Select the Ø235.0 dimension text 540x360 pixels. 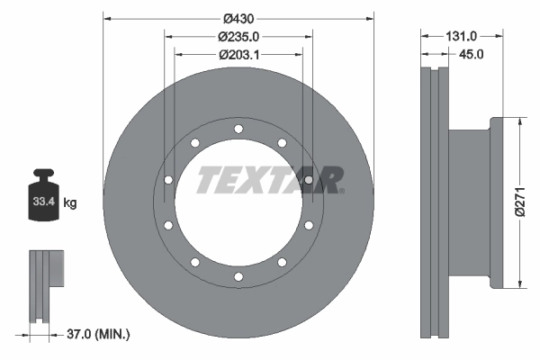click(x=238, y=37)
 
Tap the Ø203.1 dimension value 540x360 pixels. click(x=238, y=54)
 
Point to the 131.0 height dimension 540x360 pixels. click(x=462, y=37)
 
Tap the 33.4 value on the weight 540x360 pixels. click(x=44, y=203)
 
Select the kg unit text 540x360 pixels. click(x=70, y=203)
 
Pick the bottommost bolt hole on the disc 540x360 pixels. click(x=238, y=275)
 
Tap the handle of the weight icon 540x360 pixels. click(x=44, y=175)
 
